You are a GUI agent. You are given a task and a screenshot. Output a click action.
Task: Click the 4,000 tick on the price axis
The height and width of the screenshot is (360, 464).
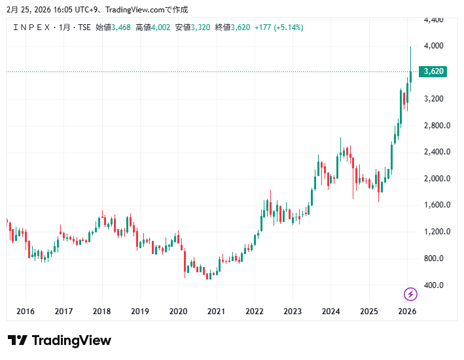434,46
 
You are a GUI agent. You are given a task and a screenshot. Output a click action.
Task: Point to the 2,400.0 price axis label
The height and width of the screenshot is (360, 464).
437,152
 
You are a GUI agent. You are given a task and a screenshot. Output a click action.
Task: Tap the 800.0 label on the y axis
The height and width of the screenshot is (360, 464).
434,259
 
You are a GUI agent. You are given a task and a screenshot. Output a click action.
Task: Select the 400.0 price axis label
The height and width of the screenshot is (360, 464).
434,285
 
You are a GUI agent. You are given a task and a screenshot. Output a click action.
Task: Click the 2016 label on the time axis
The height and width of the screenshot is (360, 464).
25,312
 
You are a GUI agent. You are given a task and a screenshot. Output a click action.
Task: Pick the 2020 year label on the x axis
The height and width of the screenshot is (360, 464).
178,312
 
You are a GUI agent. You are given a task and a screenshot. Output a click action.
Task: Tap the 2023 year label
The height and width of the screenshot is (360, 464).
293,312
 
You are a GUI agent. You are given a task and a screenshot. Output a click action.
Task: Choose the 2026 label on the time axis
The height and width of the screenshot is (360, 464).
407,312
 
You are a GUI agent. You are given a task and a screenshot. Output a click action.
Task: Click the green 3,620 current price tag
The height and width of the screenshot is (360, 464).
434,71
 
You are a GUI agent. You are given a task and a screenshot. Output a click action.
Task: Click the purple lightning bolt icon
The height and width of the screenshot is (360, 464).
410,294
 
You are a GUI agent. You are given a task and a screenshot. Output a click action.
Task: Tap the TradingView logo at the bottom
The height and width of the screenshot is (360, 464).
60,340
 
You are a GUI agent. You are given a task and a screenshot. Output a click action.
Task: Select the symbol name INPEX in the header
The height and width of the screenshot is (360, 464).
33,27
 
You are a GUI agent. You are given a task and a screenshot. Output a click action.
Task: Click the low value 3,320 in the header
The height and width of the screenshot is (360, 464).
200,27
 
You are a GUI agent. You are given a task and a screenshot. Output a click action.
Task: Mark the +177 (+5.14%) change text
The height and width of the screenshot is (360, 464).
279,27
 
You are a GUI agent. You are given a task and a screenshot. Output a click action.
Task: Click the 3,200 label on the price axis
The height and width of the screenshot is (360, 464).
434,99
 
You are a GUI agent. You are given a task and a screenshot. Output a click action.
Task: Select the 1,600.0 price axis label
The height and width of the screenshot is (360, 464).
437,205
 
